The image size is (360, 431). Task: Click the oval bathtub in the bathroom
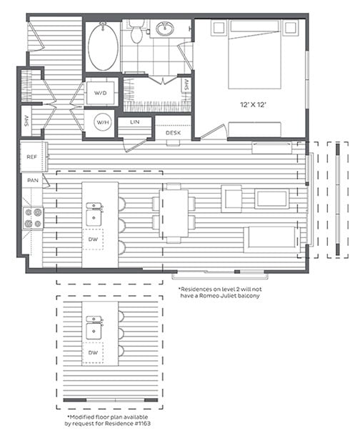pos(104,47)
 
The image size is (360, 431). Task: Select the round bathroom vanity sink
pos(166,30)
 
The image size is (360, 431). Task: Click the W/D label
pos(100,94)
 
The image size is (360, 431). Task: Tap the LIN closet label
pos(134,123)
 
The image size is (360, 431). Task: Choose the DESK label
pos(173,133)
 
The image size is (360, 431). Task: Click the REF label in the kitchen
pos(32,157)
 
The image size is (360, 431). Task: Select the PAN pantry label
pos(32,182)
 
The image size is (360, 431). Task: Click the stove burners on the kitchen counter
pos(34,217)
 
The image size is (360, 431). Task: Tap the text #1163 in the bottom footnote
pos(139,422)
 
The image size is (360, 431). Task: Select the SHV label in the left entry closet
pos(27,121)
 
